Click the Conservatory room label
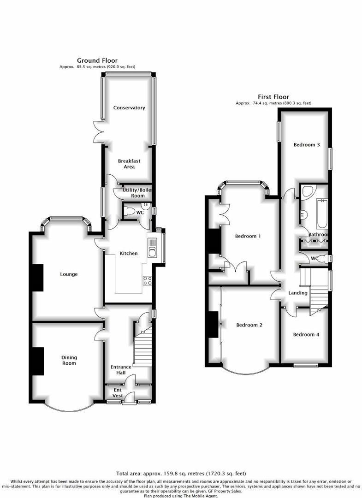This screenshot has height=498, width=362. pos(129,108)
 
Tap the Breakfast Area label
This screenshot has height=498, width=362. pos(129,164)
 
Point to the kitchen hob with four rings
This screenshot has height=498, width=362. pos(148,280)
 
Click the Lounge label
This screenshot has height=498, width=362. pos(69,274)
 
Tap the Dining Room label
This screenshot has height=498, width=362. pos(69,360)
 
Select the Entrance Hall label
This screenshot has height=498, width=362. pos(121,370)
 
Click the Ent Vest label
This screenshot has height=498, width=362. pos(118,393)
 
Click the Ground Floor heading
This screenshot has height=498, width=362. pos(97,60)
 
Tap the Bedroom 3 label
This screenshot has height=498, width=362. pos(307,145)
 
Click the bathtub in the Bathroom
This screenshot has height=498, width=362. pos(321,213)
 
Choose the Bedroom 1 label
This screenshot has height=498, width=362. pos(248,236)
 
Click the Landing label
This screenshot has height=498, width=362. pos(298,293)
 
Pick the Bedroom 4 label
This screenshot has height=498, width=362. pos(306,335)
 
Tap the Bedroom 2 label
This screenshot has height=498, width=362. pos(249,325)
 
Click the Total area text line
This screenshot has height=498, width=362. pos(181,474)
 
